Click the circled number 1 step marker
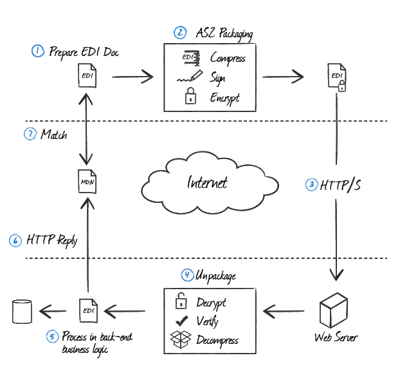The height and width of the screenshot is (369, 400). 38,51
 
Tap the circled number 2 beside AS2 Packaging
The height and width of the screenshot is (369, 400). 180,33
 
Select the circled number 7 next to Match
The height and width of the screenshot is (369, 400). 30,134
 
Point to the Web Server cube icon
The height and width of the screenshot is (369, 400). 333,310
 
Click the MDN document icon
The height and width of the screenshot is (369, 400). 87,182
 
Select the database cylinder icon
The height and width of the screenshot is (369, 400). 23,311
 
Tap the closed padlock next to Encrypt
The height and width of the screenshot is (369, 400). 190,96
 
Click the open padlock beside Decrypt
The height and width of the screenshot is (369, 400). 181,301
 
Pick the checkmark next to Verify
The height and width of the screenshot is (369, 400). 181,321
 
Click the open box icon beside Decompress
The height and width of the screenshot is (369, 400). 180,339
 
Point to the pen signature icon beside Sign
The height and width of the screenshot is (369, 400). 190,77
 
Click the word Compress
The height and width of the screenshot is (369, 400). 228,58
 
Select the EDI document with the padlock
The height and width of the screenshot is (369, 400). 337,77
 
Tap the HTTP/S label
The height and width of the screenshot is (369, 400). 340,185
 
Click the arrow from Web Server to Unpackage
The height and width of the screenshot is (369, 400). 284,311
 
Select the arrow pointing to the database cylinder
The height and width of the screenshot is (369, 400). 53,311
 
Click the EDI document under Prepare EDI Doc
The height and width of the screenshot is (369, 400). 87,75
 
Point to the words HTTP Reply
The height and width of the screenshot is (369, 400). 52,240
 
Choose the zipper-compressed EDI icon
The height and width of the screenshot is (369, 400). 191,58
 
